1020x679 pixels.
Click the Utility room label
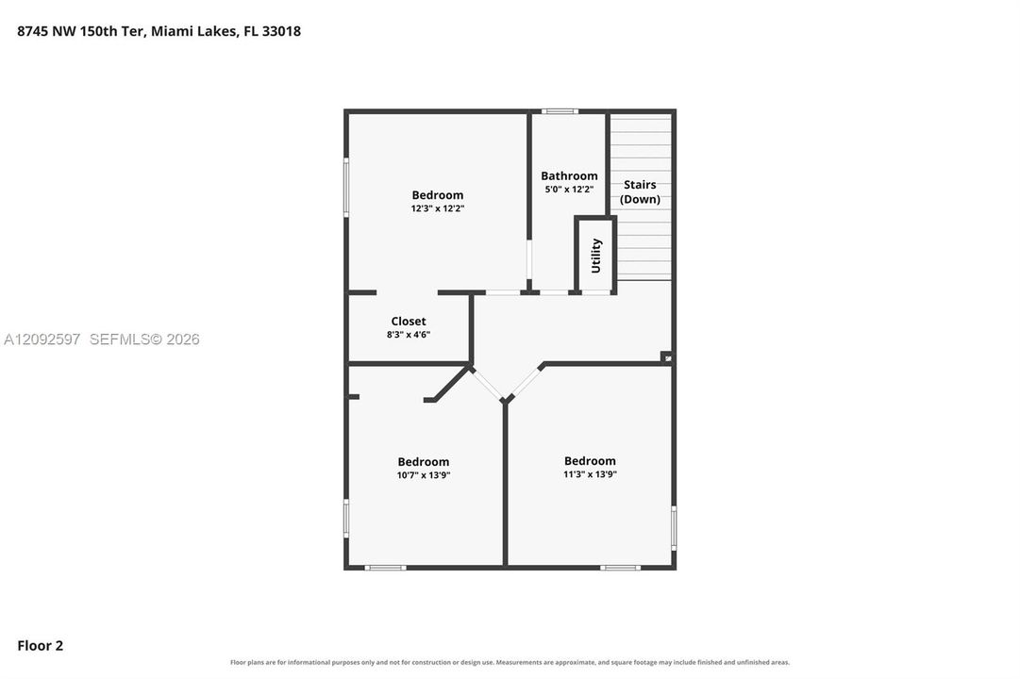point(596,256)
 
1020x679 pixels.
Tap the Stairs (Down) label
point(640,191)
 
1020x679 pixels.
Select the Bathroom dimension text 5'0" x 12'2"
point(569,190)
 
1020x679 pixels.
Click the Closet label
point(409,322)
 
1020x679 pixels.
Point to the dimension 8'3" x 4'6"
point(409,335)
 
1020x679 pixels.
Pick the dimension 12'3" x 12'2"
point(437,208)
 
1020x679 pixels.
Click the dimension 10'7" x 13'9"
point(424,475)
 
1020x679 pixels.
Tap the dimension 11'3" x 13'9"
point(590,474)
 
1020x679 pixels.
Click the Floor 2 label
point(41,646)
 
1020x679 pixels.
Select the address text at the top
point(159,31)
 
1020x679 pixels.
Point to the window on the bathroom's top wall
point(560,112)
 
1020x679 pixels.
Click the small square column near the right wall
point(667,357)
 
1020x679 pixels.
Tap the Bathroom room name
point(569,176)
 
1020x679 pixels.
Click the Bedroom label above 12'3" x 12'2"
point(438,195)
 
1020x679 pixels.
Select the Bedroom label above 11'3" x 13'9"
point(590,461)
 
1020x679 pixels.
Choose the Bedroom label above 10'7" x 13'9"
point(424,462)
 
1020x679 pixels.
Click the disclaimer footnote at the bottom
point(510,663)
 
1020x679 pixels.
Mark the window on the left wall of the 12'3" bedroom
point(346,188)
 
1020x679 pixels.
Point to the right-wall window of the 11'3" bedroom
point(674,527)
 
